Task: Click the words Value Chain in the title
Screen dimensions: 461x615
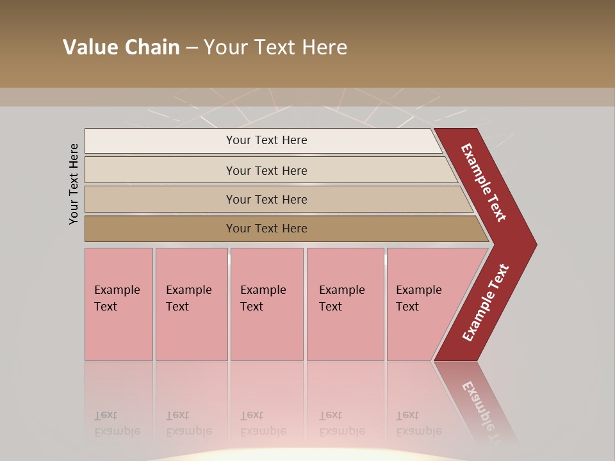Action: tap(121, 47)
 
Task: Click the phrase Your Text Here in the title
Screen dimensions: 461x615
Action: tap(275, 47)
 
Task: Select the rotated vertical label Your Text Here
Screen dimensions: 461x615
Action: tap(74, 184)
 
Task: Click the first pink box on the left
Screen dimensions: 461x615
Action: tap(119, 305)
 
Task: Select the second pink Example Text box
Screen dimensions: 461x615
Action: tap(191, 305)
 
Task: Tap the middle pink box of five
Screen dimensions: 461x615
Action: tap(266, 305)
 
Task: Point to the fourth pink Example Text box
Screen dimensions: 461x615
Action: tap(345, 305)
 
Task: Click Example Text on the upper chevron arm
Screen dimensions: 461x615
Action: tap(484, 182)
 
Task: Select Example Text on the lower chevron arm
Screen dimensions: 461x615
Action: tap(485, 303)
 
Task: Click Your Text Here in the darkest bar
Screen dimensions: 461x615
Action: tap(266, 229)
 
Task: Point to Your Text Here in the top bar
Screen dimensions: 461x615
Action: tap(266, 140)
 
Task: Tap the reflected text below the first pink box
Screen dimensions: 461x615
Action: tap(117, 423)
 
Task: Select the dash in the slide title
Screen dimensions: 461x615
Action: tap(192, 48)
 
